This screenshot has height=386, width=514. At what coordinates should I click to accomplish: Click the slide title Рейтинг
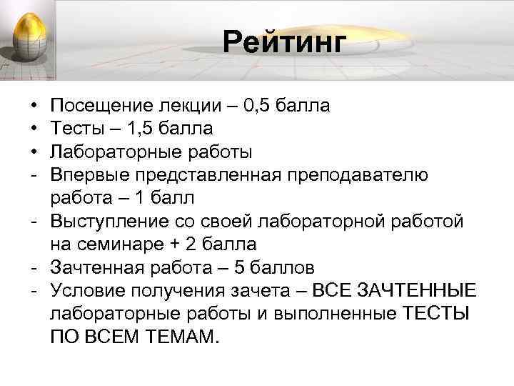tap(283, 42)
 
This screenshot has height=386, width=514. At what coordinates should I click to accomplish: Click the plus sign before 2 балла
tap(175, 244)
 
